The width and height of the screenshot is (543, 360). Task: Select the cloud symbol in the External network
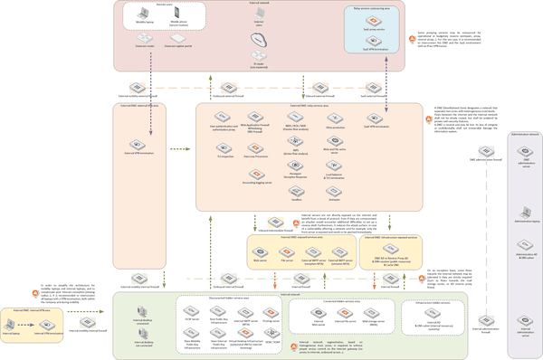261,41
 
